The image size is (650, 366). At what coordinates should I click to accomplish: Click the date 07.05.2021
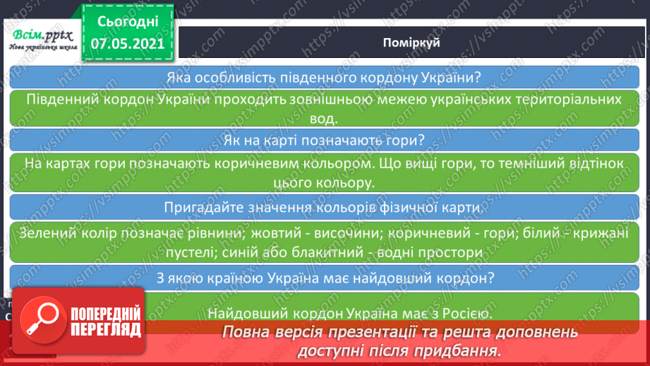pos(128,44)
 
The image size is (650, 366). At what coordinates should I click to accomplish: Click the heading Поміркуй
pos(411,42)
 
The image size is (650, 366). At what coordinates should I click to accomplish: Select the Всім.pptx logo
pos(42,39)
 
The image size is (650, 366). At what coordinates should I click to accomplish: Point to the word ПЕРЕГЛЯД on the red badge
pos(106,330)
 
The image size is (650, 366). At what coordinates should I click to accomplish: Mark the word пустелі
pos(191,252)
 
